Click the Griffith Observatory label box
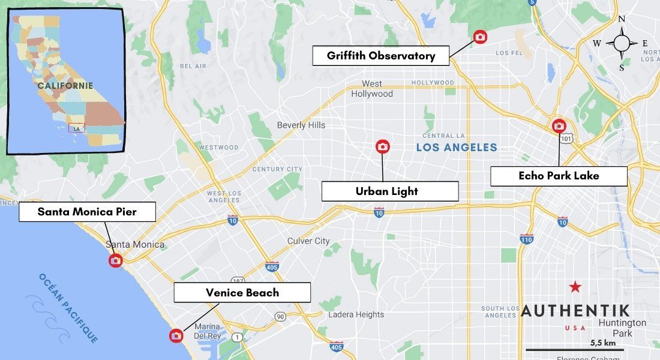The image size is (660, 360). [x=380, y=56]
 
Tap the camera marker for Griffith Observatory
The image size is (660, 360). [x=480, y=37]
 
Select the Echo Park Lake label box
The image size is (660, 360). [x=559, y=176]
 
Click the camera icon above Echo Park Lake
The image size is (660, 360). [x=559, y=125]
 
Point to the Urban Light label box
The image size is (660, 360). [x=389, y=191]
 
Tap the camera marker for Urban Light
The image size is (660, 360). [x=382, y=146]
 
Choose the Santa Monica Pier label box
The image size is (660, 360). [x=87, y=212]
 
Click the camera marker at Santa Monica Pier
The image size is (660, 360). [x=115, y=260]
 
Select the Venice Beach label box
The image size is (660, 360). [x=242, y=292]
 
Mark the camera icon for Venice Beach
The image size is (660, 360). [x=176, y=336]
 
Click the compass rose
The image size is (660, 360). [x=622, y=43]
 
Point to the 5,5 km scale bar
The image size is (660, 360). [x=575, y=349]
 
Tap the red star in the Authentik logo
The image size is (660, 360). [x=575, y=287]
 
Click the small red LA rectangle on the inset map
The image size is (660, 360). [x=77, y=128]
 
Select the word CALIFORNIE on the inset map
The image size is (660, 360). [x=65, y=86]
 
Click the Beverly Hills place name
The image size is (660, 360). [x=301, y=125]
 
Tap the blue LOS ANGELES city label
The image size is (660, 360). [x=457, y=148]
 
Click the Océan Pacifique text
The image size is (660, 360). [x=68, y=308]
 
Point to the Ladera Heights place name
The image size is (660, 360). [x=356, y=314]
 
